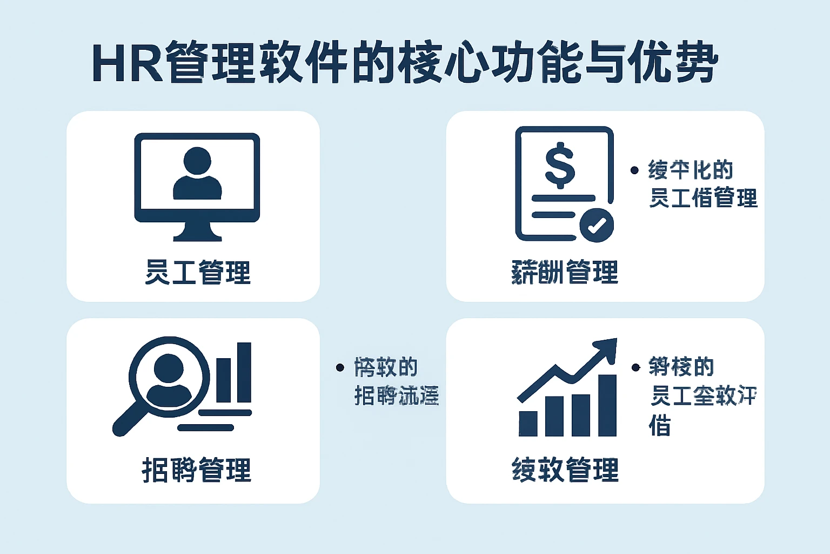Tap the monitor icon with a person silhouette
[x=197, y=179]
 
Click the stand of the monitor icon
[x=197, y=232]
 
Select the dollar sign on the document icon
[x=560, y=165]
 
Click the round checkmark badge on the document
[x=597, y=225]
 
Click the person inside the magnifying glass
[x=168, y=378]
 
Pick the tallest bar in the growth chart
[x=607, y=405]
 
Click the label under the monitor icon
[x=197, y=272]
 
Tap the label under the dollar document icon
[x=564, y=272]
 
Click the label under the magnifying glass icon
[x=196, y=470]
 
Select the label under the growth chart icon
[x=565, y=470]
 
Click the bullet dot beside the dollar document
[x=635, y=170]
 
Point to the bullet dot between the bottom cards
[x=340, y=368]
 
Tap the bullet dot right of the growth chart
[x=636, y=368]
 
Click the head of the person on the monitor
[x=197, y=161]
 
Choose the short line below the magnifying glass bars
[x=206, y=427]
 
